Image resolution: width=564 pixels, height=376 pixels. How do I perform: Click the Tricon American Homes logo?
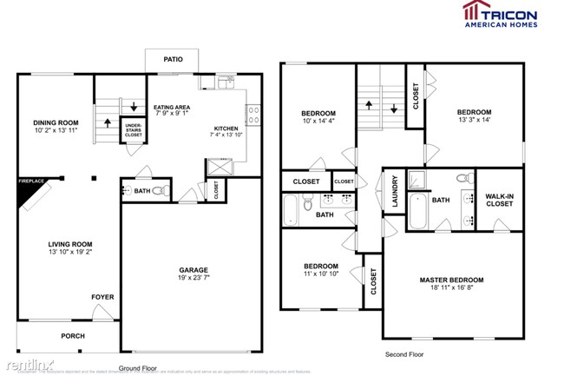pyautogui.click(x=499, y=14)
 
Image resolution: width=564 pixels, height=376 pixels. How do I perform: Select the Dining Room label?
pyautogui.click(x=56, y=122)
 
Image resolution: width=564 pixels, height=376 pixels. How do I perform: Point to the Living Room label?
pyautogui.click(x=69, y=244)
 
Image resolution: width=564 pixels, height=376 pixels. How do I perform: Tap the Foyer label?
pyautogui.click(x=102, y=297)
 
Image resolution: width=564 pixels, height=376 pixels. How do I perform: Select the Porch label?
pyautogui.click(x=72, y=336)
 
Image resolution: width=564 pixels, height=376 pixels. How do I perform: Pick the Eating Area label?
pyautogui.click(x=172, y=107)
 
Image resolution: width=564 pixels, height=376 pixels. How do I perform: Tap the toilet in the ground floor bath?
pyautogui.click(x=159, y=191)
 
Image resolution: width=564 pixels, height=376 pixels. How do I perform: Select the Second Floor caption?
pyautogui.click(x=405, y=354)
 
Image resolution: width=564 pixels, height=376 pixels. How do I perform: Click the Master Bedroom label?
pyautogui.click(x=451, y=280)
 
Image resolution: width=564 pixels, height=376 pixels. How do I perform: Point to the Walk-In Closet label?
pyautogui.click(x=499, y=201)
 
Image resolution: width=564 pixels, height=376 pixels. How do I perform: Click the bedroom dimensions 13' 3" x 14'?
pyautogui.click(x=474, y=121)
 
